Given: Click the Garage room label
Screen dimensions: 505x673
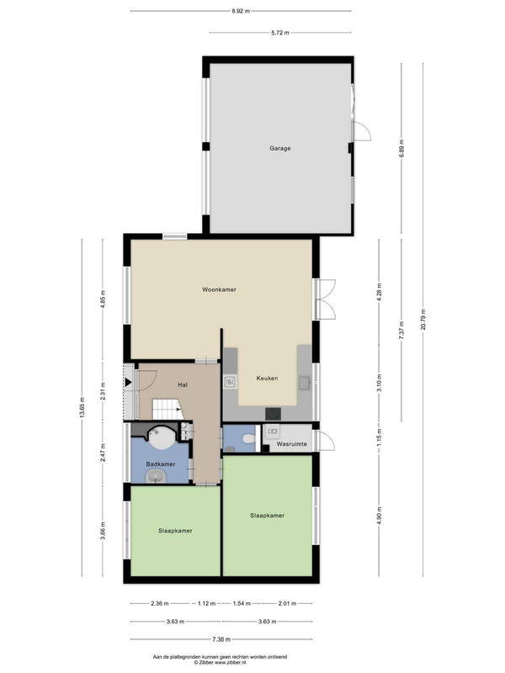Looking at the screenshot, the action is pyautogui.click(x=280, y=149).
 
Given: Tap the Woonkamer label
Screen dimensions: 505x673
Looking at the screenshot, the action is pyautogui.click(x=219, y=289).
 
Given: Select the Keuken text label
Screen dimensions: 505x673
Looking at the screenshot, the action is pyautogui.click(x=267, y=379).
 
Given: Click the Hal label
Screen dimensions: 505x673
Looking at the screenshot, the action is pyautogui.click(x=183, y=385).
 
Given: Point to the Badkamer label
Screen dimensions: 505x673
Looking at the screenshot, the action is pyautogui.click(x=161, y=464).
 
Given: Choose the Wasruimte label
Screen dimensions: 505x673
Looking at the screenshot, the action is pyautogui.click(x=291, y=444).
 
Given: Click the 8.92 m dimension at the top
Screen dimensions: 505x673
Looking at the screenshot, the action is pyautogui.click(x=241, y=11).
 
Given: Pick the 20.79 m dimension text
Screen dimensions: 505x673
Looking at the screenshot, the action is pyautogui.click(x=423, y=320).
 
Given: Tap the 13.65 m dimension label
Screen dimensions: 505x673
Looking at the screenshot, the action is pyautogui.click(x=82, y=407).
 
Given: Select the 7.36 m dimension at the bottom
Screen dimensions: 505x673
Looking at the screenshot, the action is pyautogui.click(x=221, y=639).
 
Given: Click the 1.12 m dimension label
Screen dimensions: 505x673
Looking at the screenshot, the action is pyautogui.click(x=206, y=603).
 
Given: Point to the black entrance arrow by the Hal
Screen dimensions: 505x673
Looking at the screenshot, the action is pyautogui.click(x=128, y=383).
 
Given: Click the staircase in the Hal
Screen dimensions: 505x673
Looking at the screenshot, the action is pyautogui.click(x=167, y=409).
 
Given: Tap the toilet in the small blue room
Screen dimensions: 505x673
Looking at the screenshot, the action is pyautogui.click(x=248, y=439).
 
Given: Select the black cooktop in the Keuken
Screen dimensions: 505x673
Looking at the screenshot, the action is pyautogui.click(x=273, y=414).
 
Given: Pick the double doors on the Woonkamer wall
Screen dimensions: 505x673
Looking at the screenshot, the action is pyautogui.click(x=325, y=299).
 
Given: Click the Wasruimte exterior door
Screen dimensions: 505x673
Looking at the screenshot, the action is pyautogui.click(x=325, y=441).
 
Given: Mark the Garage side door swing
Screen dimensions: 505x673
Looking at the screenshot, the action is pyautogui.click(x=362, y=130).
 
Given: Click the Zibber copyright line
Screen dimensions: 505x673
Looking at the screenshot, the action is pyautogui.click(x=220, y=663).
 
